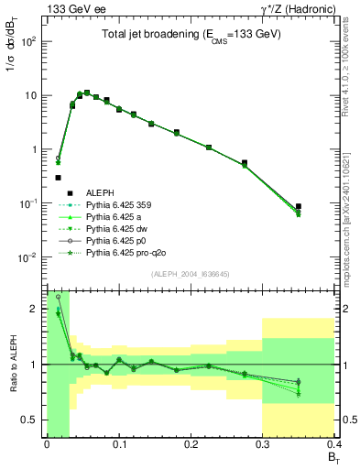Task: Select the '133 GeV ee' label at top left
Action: coord(71,8)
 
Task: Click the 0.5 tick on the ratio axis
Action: coord(34,420)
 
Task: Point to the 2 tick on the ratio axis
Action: coord(38,309)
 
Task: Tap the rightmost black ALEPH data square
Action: coord(299,207)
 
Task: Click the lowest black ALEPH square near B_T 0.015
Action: coord(58,178)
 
